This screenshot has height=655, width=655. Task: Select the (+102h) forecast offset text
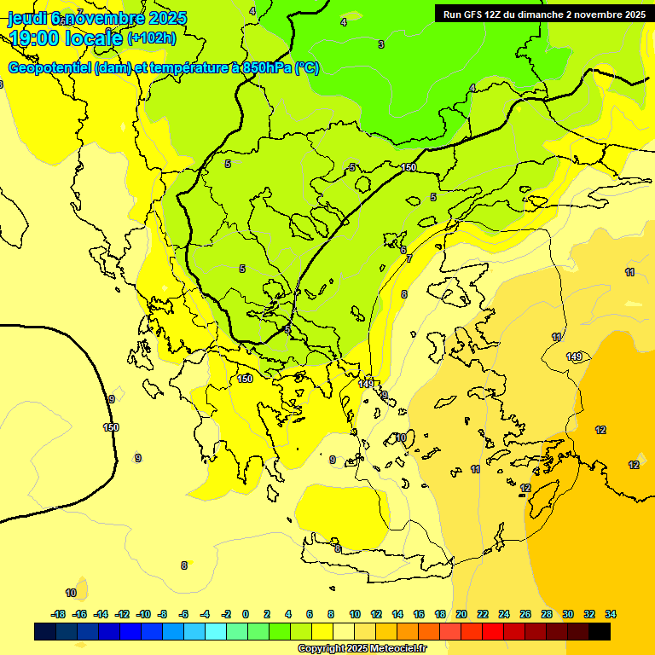click(x=151, y=38)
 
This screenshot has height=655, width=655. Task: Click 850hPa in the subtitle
click(x=264, y=68)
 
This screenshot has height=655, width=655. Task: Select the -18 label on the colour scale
click(x=58, y=614)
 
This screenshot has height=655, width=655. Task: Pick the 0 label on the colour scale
click(x=246, y=614)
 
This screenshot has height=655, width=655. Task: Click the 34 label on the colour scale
click(x=611, y=614)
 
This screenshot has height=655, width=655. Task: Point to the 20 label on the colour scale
click(x=461, y=614)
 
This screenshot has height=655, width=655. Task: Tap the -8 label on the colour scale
click(x=162, y=614)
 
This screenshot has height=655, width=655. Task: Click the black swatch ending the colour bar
click(x=600, y=631)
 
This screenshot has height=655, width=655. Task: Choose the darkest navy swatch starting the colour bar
click(x=45, y=631)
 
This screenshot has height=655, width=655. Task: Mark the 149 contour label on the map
click(x=574, y=356)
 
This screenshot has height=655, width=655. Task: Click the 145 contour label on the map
click(x=366, y=384)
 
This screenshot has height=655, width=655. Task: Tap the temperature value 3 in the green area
click(x=380, y=44)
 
